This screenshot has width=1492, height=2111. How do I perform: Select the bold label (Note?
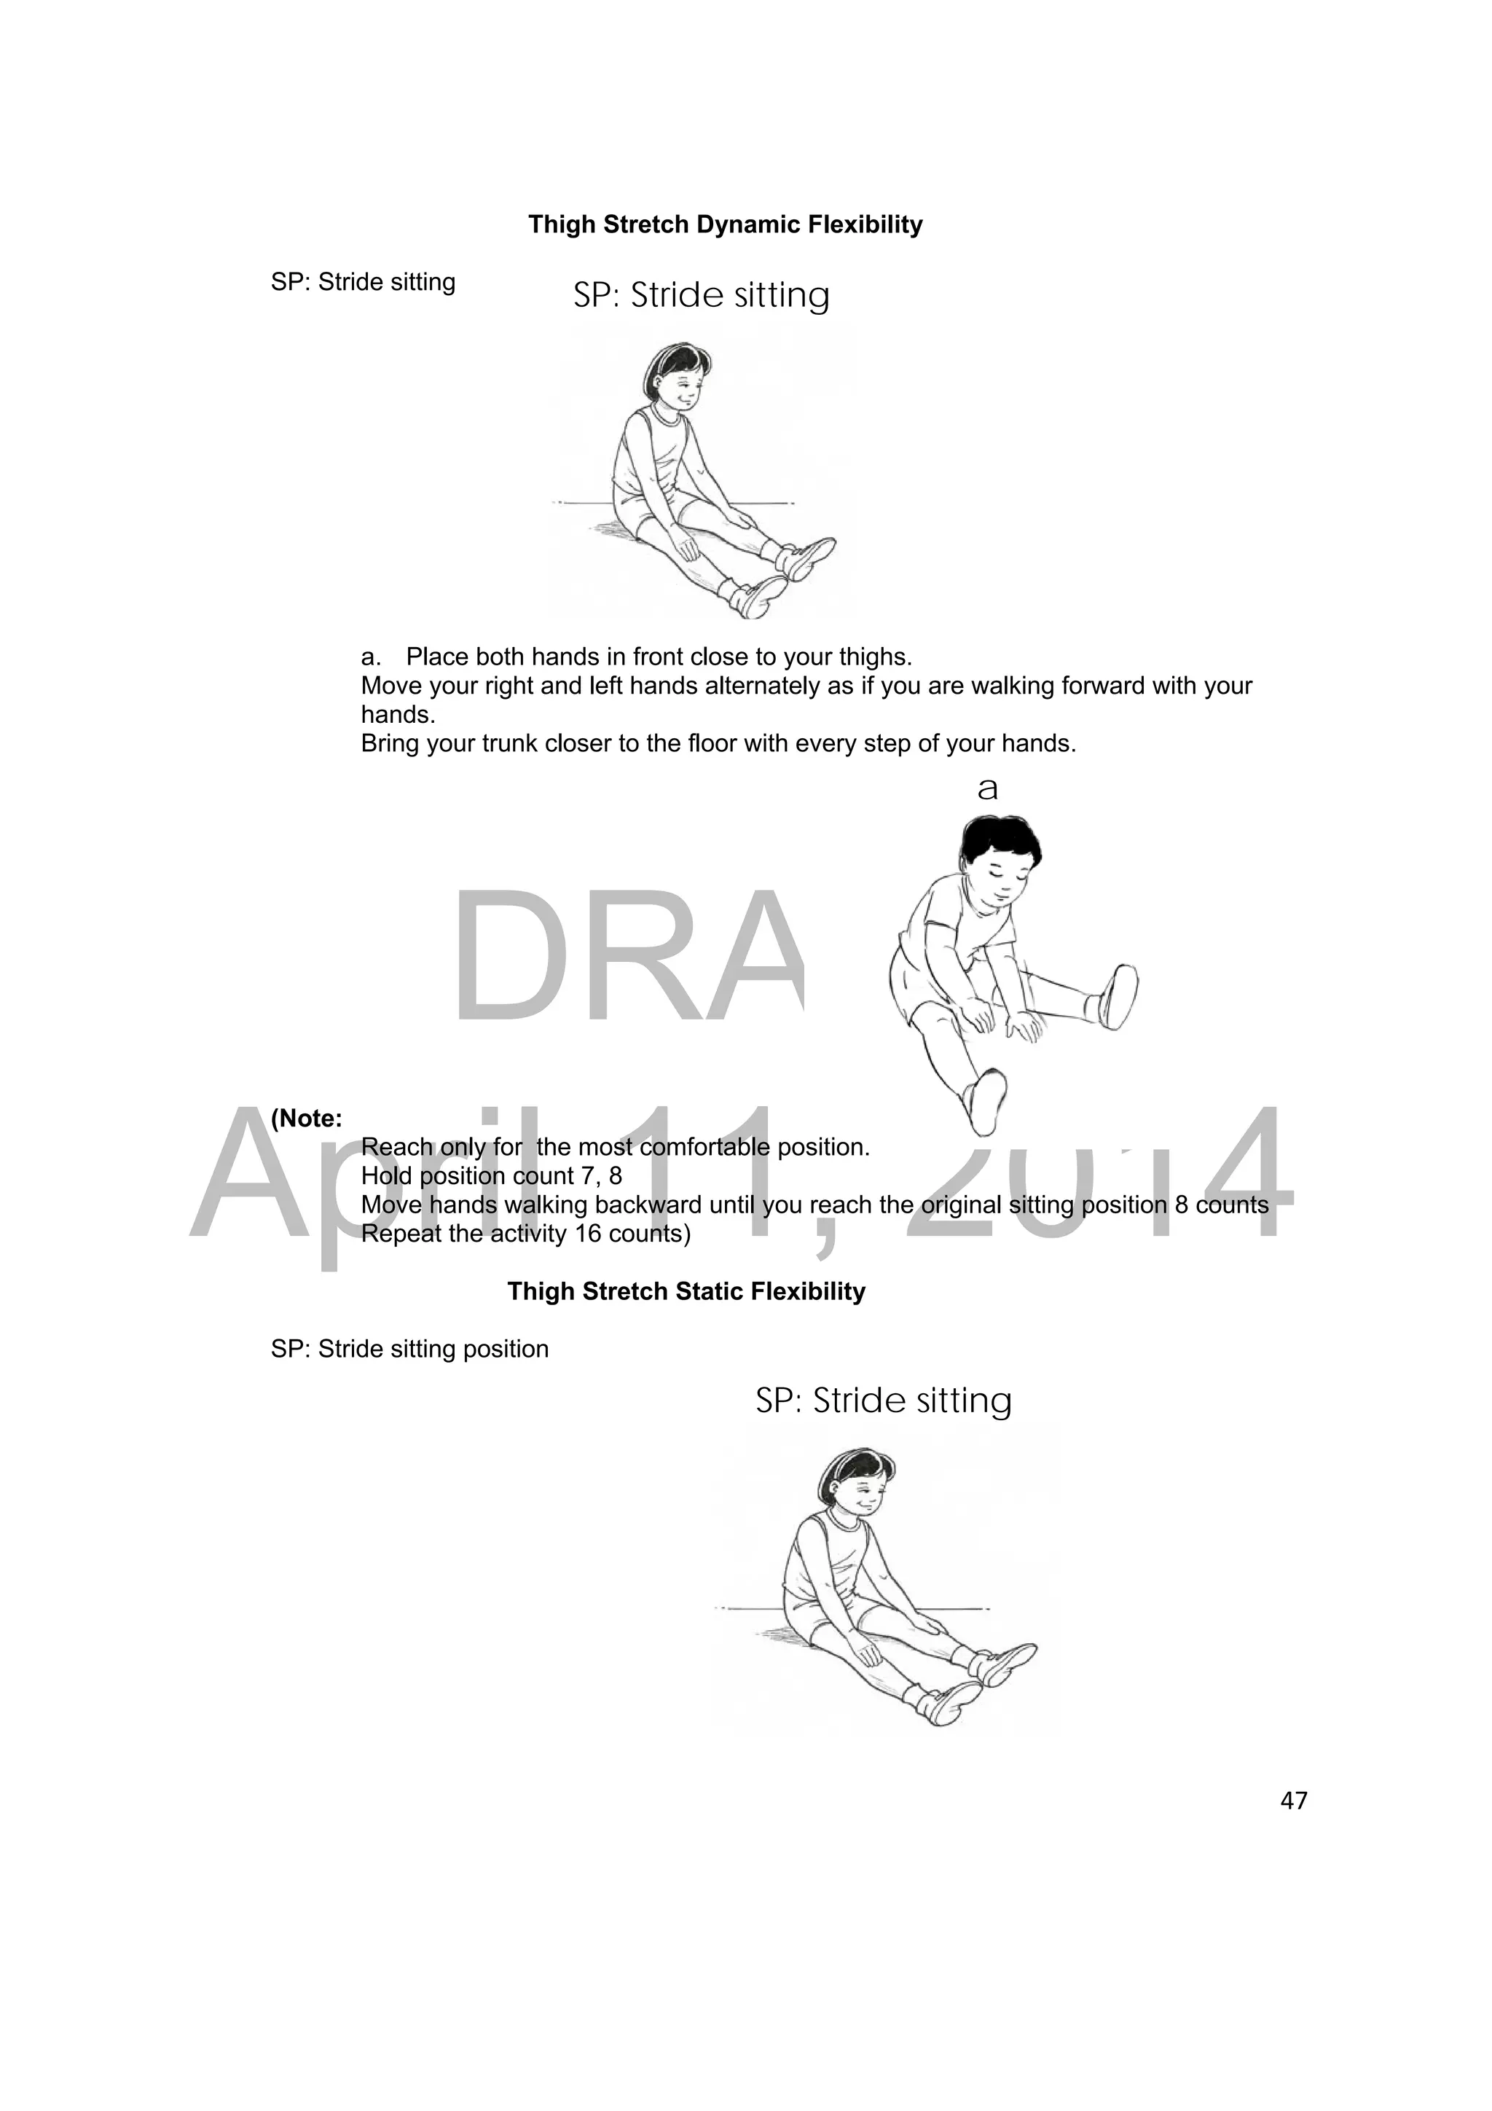pyautogui.click(x=306, y=1119)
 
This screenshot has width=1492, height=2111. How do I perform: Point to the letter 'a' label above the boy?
pyautogui.click(x=987, y=789)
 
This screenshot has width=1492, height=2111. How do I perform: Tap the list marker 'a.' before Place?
pyautogui.click(x=371, y=657)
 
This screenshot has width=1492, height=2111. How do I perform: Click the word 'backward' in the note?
pyautogui.click(x=648, y=1205)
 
